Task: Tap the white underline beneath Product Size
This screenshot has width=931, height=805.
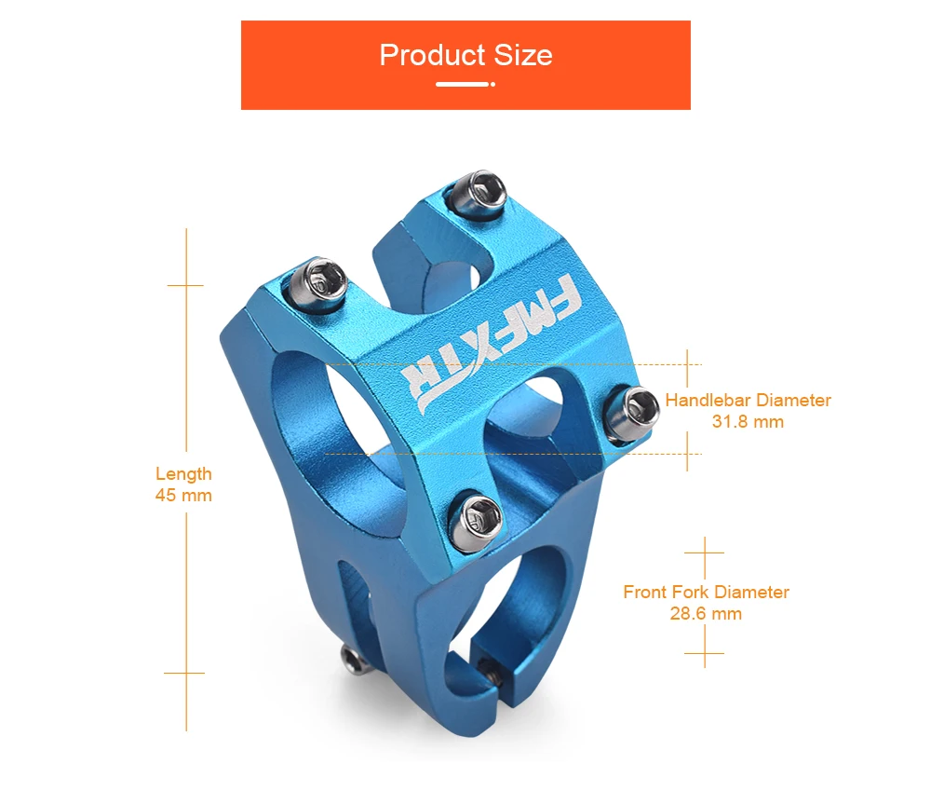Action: [x=465, y=85]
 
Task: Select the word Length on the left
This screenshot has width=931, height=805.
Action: [x=183, y=473]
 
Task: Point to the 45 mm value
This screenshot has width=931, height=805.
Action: [x=183, y=495]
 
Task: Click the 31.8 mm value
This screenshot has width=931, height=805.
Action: [x=748, y=422]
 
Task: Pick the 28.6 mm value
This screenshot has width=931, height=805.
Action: [x=706, y=613]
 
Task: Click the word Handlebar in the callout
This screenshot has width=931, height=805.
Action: [x=708, y=400]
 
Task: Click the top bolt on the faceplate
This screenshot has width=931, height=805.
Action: [x=477, y=193]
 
